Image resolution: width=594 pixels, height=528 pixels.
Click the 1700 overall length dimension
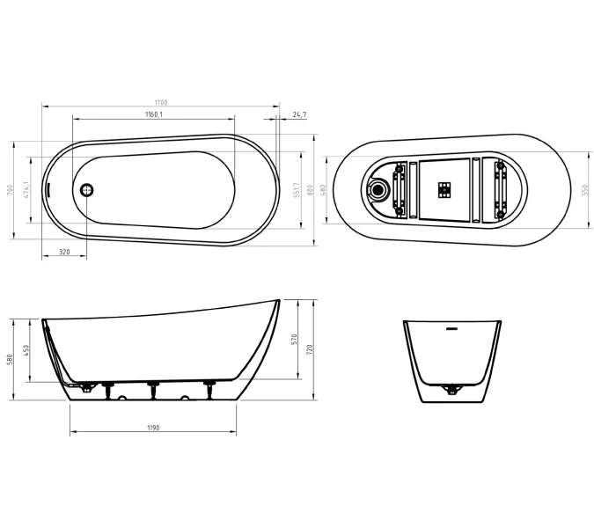(160, 103)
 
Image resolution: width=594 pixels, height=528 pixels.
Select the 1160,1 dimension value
(153, 115)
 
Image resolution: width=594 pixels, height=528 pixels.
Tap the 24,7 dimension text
(299, 115)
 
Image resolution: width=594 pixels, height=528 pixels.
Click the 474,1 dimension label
(27, 189)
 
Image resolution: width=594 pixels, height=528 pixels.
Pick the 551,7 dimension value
(297, 189)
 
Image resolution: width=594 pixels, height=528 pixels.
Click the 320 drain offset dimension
(64, 252)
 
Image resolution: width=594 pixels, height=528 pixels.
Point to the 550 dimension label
(584, 189)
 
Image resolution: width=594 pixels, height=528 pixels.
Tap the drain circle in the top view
(86, 189)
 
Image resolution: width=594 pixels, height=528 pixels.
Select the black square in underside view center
(444, 188)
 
